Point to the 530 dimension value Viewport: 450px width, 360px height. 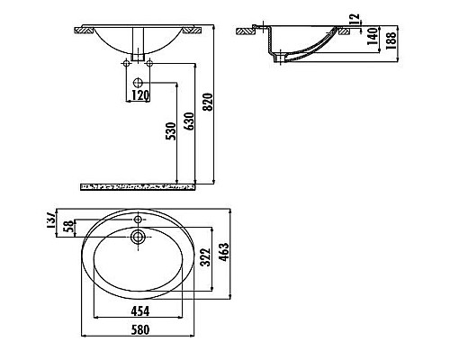click(x=171, y=133)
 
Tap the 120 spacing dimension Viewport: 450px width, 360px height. click(x=139, y=94)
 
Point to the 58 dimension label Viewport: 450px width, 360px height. click(x=67, y=228)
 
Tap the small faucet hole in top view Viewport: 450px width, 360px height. click(x=139, y=219)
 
